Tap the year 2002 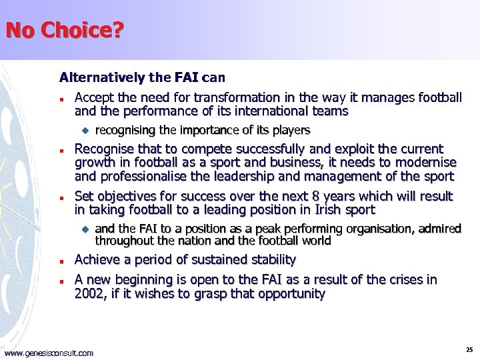coord(89,293)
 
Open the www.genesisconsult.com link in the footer coord(49,353)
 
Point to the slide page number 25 coord(469,349)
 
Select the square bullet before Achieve coord(61,261)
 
